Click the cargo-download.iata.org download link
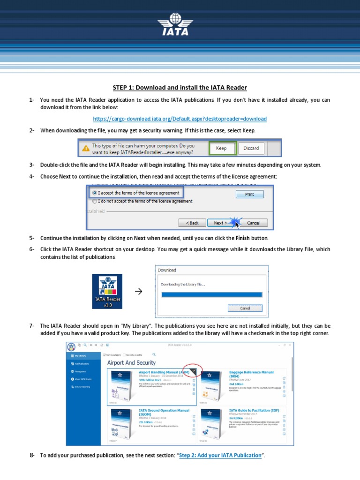pyautogui.click(x=180, y=119)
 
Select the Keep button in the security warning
pyautogui.click(x=221, y=148)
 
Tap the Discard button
pyautogui.click(x=251, y=148)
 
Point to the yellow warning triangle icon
pyautogui.click(x=85, y=149)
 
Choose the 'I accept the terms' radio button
pyautogui.click(x=95, y=193)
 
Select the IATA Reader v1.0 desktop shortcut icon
pyautogui.click(x=107, y=291)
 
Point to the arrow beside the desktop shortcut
pyautogui.click(x=138, y=292)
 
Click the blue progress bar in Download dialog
pyautogui.click(x=211, y=294)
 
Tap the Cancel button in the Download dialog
pyautogui.click(x=245, y=308)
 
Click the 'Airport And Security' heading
pyautogui.click(x=131, y=362)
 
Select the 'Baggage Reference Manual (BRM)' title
pyautogui.click(x=251, y=374)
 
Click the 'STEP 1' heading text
pyautogui.click(x=180, y=88)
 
